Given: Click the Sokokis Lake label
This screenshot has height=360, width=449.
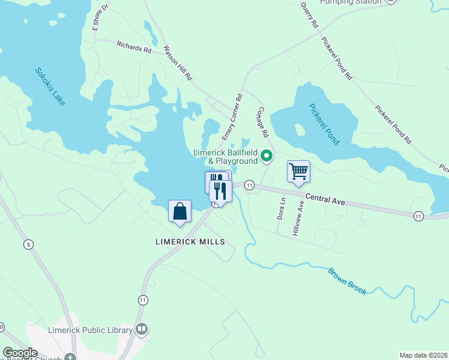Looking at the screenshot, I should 50,87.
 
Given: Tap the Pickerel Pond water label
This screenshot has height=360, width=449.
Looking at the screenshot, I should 324,124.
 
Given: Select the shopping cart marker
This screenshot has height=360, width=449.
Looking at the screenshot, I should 298,172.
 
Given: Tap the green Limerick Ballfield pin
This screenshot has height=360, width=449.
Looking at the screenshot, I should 267,157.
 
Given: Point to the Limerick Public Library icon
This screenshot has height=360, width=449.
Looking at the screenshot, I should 142,329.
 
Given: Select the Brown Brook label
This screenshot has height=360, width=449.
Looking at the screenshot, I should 347,281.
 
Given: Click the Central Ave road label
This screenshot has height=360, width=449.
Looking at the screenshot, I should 325,199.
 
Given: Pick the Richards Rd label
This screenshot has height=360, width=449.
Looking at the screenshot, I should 134,47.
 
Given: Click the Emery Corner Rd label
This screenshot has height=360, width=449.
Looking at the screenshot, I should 232,116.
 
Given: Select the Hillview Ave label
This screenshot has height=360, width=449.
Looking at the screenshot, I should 298,218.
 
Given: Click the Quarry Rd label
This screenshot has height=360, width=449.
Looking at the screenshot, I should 309,14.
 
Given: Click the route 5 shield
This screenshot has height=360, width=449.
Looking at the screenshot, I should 28,244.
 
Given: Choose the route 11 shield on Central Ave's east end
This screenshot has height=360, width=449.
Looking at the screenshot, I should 418,215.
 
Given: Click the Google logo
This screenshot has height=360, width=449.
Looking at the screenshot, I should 20,353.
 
